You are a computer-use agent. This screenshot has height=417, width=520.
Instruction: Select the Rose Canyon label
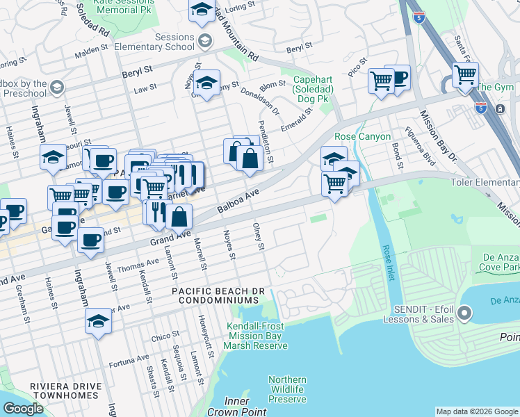point(362,137)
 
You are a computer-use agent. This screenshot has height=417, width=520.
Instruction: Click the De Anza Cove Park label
point(500,262)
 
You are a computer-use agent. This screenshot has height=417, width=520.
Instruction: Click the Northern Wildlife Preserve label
point(287,389)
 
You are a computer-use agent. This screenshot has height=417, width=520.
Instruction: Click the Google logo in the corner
point(23,409)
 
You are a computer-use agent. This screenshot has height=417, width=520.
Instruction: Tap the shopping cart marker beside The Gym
point(464,74)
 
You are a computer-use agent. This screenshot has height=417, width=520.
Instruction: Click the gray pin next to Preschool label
point(56,88)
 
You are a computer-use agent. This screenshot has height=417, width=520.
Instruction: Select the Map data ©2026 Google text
point(477,411)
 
